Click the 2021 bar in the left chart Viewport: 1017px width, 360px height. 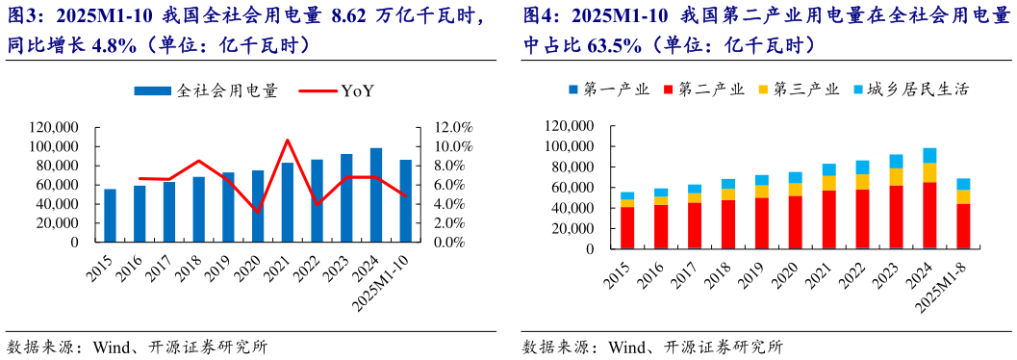tap(288, 202)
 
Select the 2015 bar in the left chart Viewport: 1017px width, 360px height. tap(110, 216)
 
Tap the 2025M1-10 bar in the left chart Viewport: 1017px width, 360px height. tap(406, 201)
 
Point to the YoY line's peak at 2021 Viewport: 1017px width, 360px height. tap(288, 141)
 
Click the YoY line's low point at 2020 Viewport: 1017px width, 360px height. tap(258, 211)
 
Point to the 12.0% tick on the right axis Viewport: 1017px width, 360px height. tap(453, 127)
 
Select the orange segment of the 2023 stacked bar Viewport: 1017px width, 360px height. tap(896, 176)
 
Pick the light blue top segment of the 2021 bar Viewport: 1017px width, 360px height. tap(828, 169)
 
